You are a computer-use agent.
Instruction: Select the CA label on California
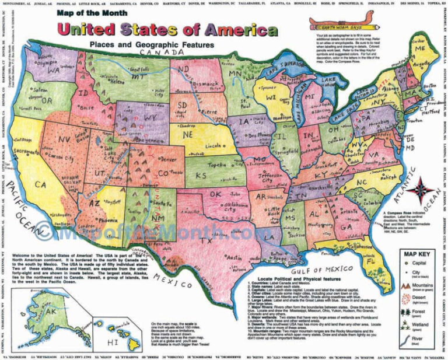pyautogui.click(x=41, y=184)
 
